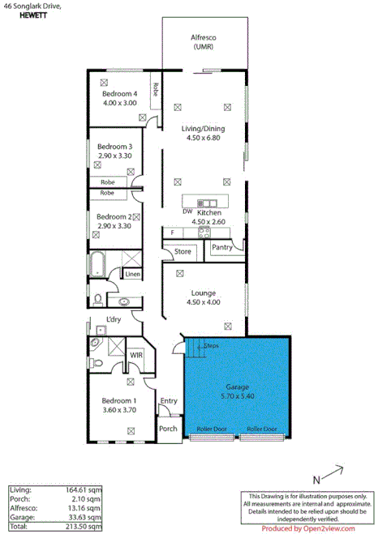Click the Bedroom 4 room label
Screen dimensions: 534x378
(120, 93)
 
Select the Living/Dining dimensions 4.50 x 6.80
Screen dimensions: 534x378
(203, 138)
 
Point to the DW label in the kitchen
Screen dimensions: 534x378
(187, 211)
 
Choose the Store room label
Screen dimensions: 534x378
(183, 252)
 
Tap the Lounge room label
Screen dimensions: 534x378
(203, 293)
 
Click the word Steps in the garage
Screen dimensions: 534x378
(211, 345)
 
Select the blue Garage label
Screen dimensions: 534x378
(237, 387)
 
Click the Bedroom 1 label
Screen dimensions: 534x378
(118, 400)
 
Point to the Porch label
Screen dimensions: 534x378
(168, 429)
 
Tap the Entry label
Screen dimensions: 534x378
(169, 400)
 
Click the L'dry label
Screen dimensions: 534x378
(113, 320)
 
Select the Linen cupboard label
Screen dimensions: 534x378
(132, 275)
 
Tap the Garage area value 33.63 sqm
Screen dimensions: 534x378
(86, 517)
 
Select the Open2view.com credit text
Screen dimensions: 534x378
(308, 528)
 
